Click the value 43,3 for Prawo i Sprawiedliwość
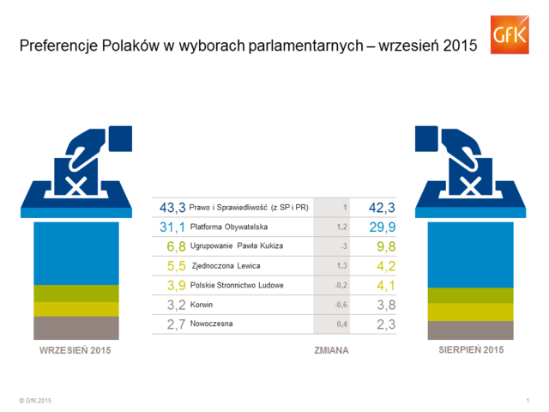pyautogui.click(x=172, y=207)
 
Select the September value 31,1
pyautogui.click(x=172, y=227)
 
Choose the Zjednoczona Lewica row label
pyautogui.click(x=226, y=266)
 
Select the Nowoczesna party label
pyautogui.click(x=211, y=324)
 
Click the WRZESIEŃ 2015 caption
pyautogui.click(x=75, y=351)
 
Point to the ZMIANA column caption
pyautogui.click(x=331, y=351)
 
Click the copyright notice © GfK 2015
pyautogui.click(x=35, y=401)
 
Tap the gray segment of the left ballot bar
pyautogui.click(x=76, y=328)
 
